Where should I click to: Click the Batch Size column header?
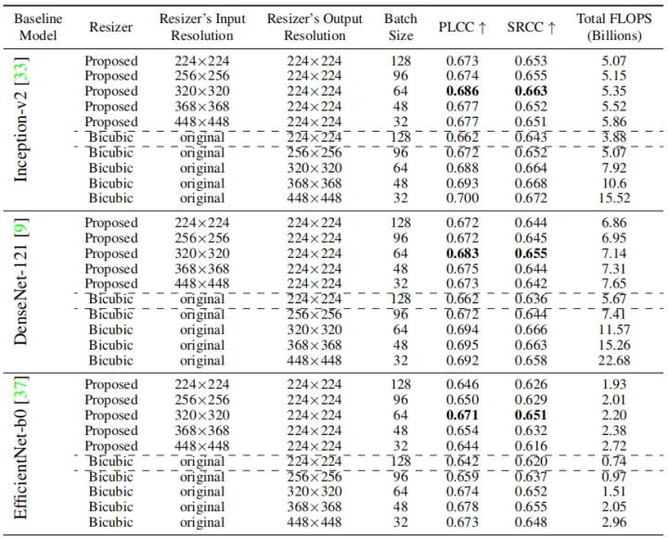pyautogui.click(x=401, y=27)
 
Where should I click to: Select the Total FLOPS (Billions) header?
pyautogui.click(x=614, y=27)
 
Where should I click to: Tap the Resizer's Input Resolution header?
pyautogui.click(x=202, y=27)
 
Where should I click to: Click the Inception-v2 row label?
pyautogui.click(x=20, y=121)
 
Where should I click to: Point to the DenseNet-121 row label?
pyautogui.click(x=20, y=282)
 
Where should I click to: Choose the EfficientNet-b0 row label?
pyautogui.click(x=20, y=448)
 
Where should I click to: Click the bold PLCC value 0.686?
pyautogui.click(x=462, y=91)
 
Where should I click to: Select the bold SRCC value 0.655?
pyautogui.click(x=531, y=253)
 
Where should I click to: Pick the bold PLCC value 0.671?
pyautogui.click(x=462, y=415)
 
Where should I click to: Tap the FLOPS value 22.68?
pyautogui.click(x=614, y=361)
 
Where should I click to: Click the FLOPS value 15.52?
pyautogui.click(x=614, y=199)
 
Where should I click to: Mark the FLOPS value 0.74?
pyautogui.click(x=614, y=461)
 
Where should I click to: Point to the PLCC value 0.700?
pyautogui.click(x=462, y=199)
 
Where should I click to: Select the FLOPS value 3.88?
pyautogui.click(x=614, y=137)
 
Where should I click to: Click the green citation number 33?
pyautogui.click(x=20, y=71)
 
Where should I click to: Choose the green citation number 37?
pyautogui.click(x=20, y=391)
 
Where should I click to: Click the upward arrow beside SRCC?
pyautogui.click(x=552, y=27)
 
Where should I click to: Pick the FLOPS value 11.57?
pyautogui.click(x=614, y=329)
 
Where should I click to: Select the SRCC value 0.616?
pyautogui.click(x=531, y=445)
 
